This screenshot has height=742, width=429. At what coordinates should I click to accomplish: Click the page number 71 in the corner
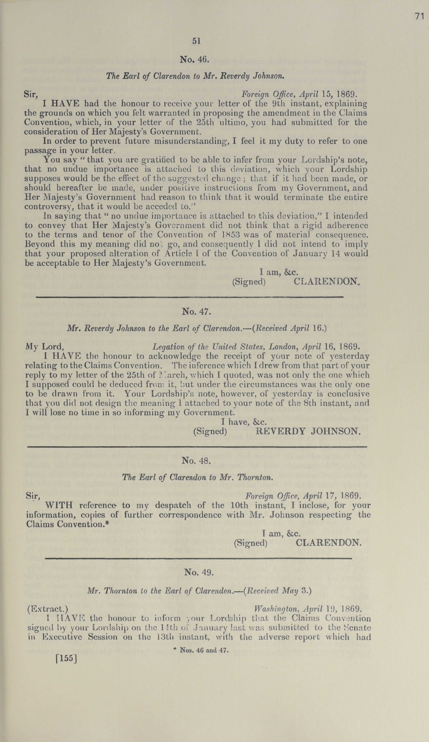[419, 17]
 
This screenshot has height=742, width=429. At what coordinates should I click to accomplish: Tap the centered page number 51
[197, 41]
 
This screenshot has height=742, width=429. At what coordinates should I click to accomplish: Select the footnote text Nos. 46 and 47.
[203, 642]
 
